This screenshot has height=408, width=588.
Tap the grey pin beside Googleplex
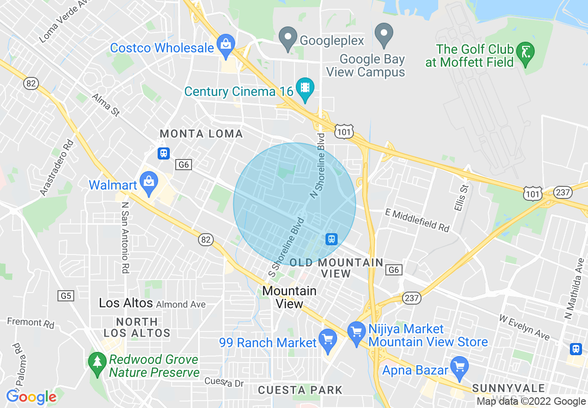pyautogui.click(x=288, y=38)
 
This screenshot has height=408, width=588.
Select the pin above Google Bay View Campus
pyautogui.click(x=384, y=35)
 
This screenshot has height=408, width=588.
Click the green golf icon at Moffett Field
pyautogui.click(x=525, y=52)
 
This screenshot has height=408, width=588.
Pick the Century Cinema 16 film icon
pyautogui.click(x=305, y=88)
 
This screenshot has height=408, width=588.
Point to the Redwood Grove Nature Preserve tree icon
pyautogui.click(x=97, y=363)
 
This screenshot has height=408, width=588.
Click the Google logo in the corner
pyautogui.click(x=31, y=397)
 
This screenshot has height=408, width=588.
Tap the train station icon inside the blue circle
pyautogui.click(x=331, y=239)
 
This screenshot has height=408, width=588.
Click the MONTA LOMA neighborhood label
pyautogui.click(x=201, y=134)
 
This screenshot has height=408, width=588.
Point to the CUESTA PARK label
pyautogui.click(x=300, y=390)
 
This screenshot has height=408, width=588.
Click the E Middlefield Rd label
pyautogui.click(x=417, y=220)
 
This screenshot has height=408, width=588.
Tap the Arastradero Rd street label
pyautogui.click(x=57, y=167)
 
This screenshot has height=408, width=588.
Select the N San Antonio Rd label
pyautogui.click(x=125, y=237)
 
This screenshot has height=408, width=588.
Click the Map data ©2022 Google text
pyautogui.click(x=531, y=402)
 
